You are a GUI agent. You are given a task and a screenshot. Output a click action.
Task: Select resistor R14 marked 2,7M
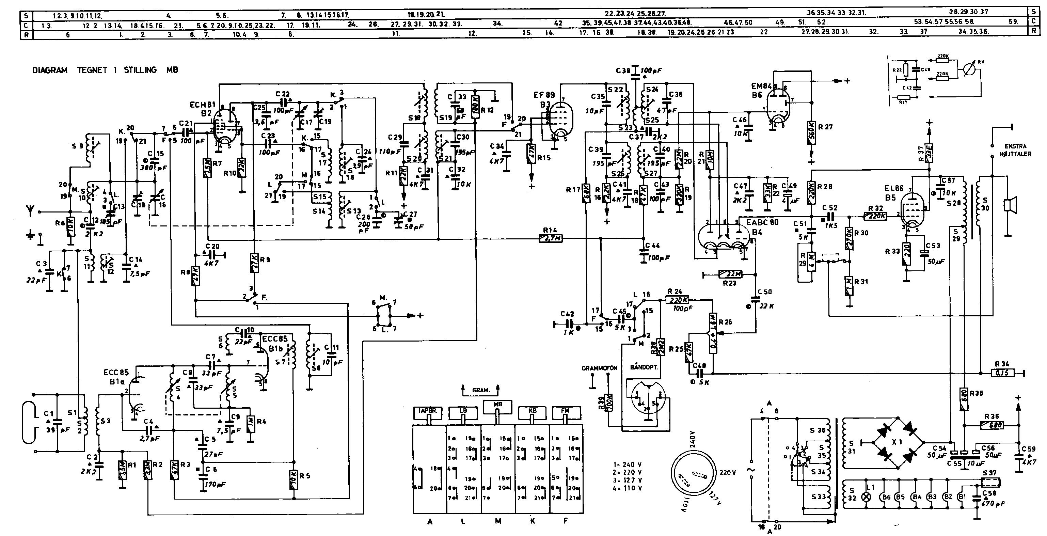(551, 238)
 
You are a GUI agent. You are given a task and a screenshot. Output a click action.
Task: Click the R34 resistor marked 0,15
(1003, 373)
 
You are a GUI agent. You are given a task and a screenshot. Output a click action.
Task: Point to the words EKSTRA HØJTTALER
(1015, 150)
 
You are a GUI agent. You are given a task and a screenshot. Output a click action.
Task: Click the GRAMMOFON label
(599, 368)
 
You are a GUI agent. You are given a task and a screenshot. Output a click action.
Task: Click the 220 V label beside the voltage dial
(728, 473)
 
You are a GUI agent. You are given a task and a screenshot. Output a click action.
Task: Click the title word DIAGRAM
(50, 70)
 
